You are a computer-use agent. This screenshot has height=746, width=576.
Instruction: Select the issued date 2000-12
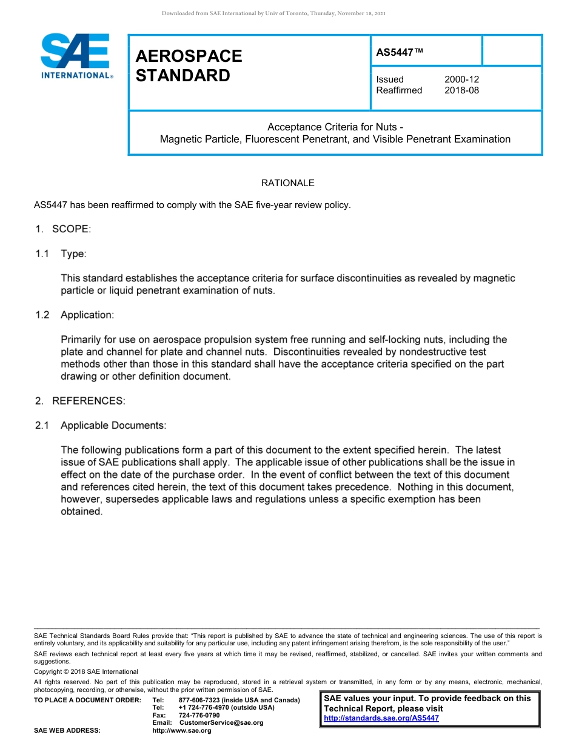[x=461, y=79]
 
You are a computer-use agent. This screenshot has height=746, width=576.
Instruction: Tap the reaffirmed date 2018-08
[x=461, y=90]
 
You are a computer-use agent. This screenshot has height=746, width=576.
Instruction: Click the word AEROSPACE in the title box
[x=189, y=56]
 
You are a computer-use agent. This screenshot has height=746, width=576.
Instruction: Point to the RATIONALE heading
[x=287, y=183]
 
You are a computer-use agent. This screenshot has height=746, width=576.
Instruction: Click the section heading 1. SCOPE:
[x=62, y=229]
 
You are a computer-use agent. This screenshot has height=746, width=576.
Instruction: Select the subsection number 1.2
[x=42, y=315]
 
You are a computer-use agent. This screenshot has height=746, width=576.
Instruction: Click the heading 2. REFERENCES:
[x=79, y=401]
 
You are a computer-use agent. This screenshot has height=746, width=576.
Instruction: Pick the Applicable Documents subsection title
[x=113, y=426]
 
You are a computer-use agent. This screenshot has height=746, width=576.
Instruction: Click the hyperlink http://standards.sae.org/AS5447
[x=381, y=718]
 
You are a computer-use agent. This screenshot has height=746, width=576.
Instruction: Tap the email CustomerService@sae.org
[x=221, y=723]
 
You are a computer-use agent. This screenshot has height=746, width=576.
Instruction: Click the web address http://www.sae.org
[x=182, y=731]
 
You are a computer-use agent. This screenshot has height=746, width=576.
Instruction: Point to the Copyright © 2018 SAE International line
[x=86, y=671]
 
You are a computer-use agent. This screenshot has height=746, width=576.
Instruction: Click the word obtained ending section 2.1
[x=81, y=511]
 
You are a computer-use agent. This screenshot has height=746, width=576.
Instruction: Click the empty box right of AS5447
[x=512, y=50]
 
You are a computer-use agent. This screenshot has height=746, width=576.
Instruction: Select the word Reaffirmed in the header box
[x=399, y=90]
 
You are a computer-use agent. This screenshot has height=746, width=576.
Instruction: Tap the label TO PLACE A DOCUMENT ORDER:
[x=87, y=701]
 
